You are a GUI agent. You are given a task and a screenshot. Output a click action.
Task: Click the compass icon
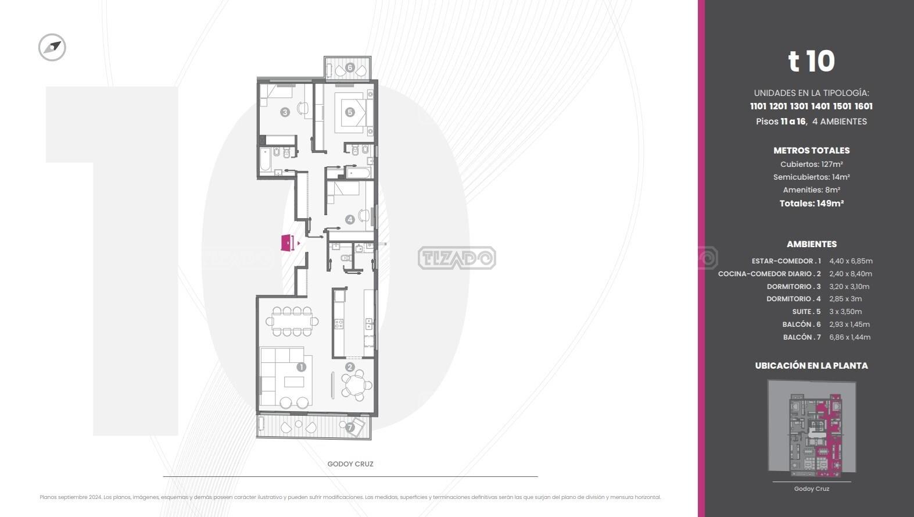pos(52,47)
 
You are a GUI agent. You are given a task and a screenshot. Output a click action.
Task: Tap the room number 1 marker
pos(301,367)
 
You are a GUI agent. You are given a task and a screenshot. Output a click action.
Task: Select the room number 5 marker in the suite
pos(350,112)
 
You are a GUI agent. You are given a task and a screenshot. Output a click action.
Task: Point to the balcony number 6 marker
pos(350,67)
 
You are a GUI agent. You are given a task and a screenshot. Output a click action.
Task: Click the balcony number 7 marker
pos(350,428)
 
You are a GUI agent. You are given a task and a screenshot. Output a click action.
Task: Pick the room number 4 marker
pos(350,220)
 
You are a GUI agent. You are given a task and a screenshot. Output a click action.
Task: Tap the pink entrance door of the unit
pos(287,243)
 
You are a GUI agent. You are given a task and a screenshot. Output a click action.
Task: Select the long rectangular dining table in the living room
pos(292,322)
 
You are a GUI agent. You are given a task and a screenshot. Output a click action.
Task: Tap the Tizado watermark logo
pos(457,258)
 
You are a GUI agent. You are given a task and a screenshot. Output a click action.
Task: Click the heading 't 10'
pos(811,61)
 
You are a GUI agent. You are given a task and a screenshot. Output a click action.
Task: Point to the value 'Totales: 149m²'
pos(812,204)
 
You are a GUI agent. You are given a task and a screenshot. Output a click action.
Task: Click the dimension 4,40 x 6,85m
pos(851,261)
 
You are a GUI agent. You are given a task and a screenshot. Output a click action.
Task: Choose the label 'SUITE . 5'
pos(807,312)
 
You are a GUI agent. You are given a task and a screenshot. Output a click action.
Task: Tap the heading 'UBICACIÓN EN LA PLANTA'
pos(811,365)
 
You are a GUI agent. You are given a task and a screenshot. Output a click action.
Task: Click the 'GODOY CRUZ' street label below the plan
pos(350,464)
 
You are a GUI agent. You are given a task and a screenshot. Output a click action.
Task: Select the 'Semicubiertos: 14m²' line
pos(812,177)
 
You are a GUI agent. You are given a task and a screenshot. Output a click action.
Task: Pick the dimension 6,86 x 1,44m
pos(850,337)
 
